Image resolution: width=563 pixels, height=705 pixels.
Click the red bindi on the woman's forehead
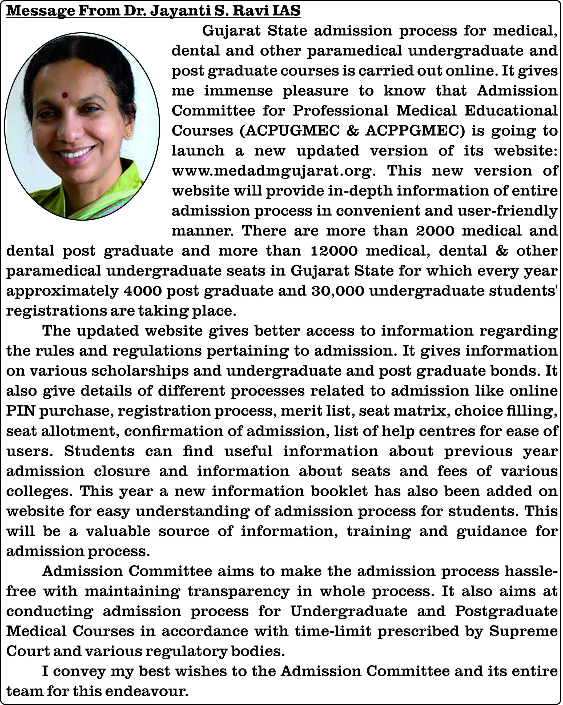[x=65, y=95]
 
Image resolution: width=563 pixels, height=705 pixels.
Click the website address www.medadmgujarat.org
[x=274, y=171]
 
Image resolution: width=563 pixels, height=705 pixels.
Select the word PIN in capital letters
[x=21, y=411]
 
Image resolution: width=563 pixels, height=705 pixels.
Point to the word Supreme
[x=523, y=631]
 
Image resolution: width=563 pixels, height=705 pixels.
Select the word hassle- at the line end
[x=531, y=571]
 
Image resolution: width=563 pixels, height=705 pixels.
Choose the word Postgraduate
[x=506, y=611]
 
